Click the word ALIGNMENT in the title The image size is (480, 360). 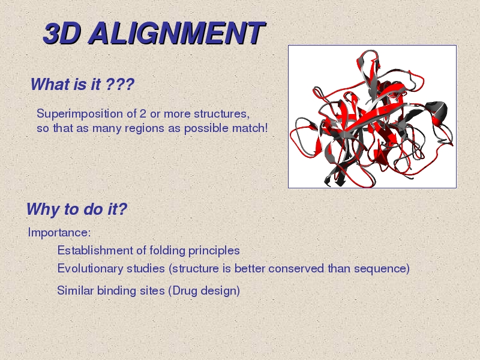tap(177, 34)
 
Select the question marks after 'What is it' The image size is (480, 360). tap(120, 84)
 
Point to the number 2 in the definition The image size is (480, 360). tap(143, 113)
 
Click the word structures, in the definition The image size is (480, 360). tap(222, 114)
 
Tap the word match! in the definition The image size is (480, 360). tap(250, 128)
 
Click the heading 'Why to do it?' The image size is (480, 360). tap(77, 209)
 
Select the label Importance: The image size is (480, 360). tap(59, 233)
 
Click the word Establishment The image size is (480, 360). tap(95, 250)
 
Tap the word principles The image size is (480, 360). tap(214, 251)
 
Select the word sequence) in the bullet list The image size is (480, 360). tap(382, 269)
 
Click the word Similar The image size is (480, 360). tap(76, 290)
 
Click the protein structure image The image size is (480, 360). tap(372, 116)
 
